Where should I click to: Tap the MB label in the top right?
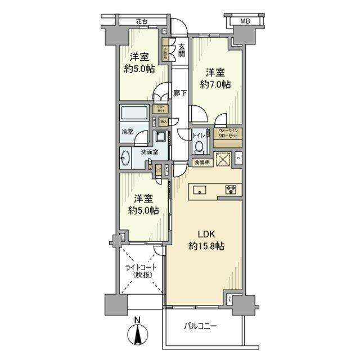tap(245, 21)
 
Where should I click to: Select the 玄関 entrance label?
tap(182, 51)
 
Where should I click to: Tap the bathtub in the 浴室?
tap(134, 112)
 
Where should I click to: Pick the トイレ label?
tap(198, 135)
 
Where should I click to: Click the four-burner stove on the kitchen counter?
tap(231, 190)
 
